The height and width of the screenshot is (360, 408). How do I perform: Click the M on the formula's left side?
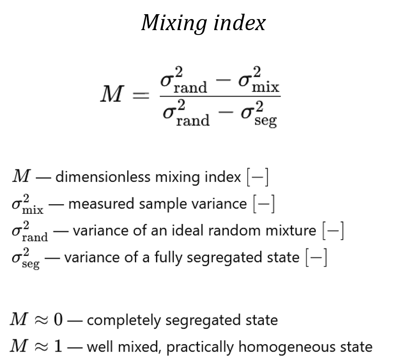point(111,94)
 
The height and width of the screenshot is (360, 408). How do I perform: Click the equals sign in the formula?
point(141,95)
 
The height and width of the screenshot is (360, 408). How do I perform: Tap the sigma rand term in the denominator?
point(185,113)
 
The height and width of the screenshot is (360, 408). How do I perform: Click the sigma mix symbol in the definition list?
point(27,205)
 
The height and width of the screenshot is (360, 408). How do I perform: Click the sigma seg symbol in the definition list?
point(26,258)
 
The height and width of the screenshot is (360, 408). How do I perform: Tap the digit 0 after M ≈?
point(58,320)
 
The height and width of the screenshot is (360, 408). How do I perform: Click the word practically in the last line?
point(201,347)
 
